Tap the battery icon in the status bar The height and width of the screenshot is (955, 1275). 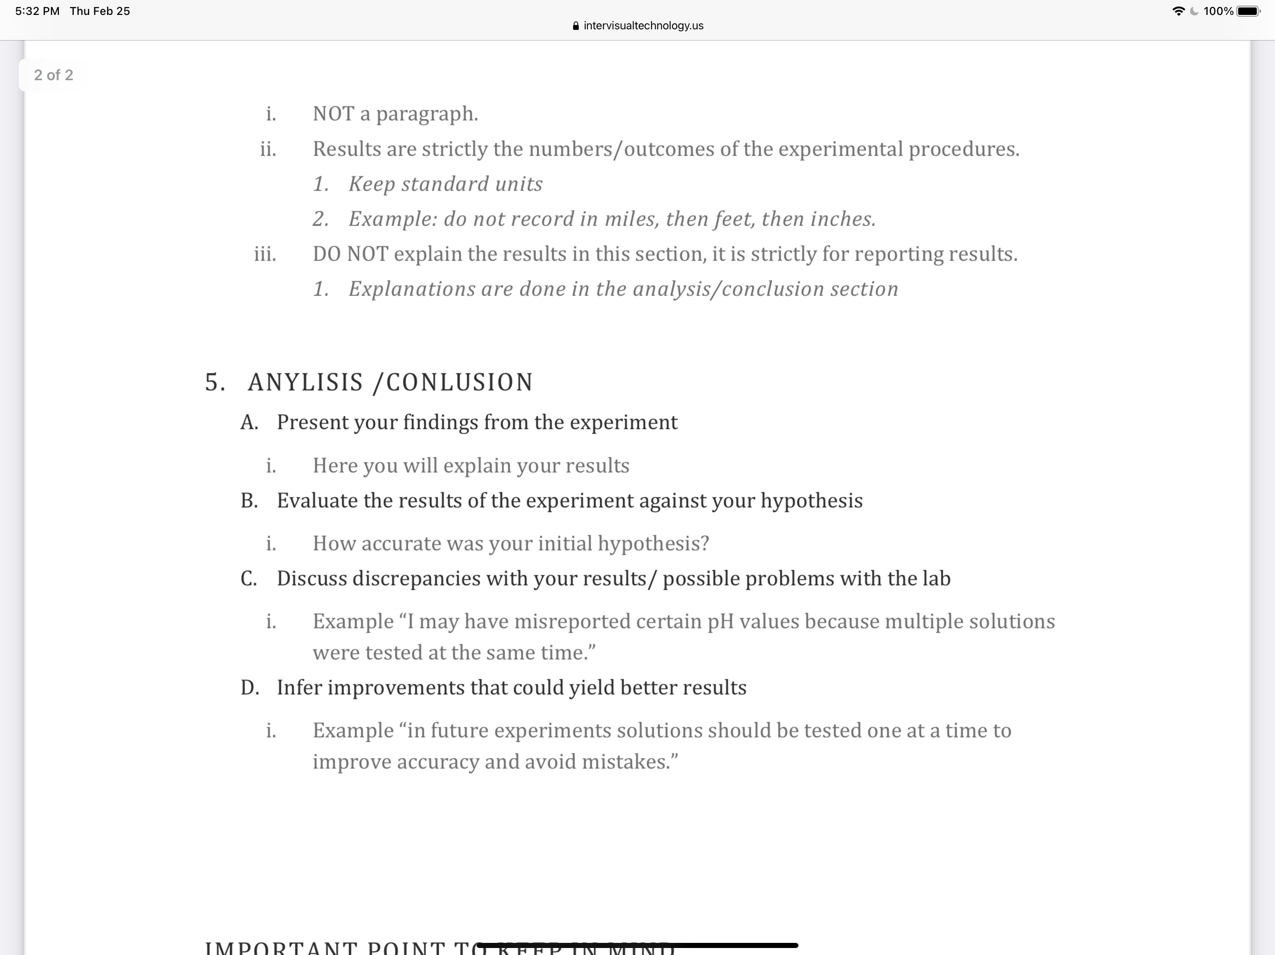point(1248,11)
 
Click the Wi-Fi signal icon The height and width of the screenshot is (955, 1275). point(1178,11)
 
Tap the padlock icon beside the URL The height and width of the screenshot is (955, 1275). point(575,26)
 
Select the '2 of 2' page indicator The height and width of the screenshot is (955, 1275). point(54,75)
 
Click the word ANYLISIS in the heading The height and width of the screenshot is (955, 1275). point(306,382)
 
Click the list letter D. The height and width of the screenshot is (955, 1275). point(250,687)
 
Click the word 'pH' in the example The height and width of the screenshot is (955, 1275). point(721,622)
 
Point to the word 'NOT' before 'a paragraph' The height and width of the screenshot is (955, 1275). point(333,113)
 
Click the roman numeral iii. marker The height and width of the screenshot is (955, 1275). point(265,254)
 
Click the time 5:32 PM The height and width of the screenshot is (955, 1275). point(37,11)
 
